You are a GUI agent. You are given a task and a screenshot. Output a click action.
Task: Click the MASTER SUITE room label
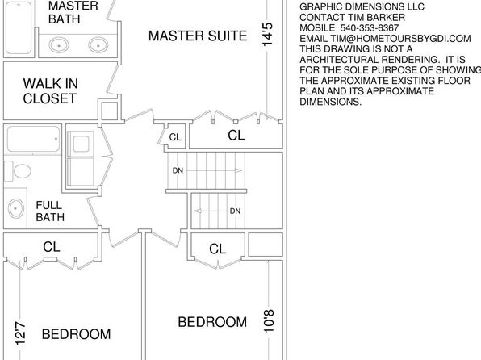click(198, 36)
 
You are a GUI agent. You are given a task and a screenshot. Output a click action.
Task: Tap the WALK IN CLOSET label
click(50, 91)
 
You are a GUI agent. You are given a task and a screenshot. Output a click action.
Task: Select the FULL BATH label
click(50, 211)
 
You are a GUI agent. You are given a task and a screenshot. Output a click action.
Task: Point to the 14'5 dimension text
click(267, 35)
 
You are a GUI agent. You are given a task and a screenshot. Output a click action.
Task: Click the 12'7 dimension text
click(20, 333)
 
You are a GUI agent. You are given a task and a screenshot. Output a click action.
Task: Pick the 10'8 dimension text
click(269, 321)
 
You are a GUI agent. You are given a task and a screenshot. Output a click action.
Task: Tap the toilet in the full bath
click(18, 171)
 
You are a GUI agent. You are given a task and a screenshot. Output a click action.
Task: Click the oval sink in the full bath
click(16, 208)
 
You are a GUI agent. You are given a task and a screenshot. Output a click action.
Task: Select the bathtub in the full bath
click(33, 139)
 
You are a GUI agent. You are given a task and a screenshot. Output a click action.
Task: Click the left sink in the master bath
click(59, 45)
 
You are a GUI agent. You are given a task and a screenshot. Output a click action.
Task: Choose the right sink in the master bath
click(98, 45)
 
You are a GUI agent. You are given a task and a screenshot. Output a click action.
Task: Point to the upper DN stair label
click(178, 170)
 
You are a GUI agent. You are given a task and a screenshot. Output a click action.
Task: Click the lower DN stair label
click(235, 211)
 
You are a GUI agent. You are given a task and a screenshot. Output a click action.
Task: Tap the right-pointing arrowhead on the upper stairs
click(239, 170)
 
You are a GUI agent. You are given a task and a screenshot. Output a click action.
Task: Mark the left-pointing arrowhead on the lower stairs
click(198, 211)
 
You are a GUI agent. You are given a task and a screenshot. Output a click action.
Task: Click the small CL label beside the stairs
click(175, 137)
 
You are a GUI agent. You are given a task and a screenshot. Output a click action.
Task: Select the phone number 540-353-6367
click(370, 28)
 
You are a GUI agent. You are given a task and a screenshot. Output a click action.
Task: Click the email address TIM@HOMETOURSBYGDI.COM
click(400, 39)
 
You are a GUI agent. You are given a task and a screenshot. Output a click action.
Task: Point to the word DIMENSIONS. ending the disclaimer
click(331, 102)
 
